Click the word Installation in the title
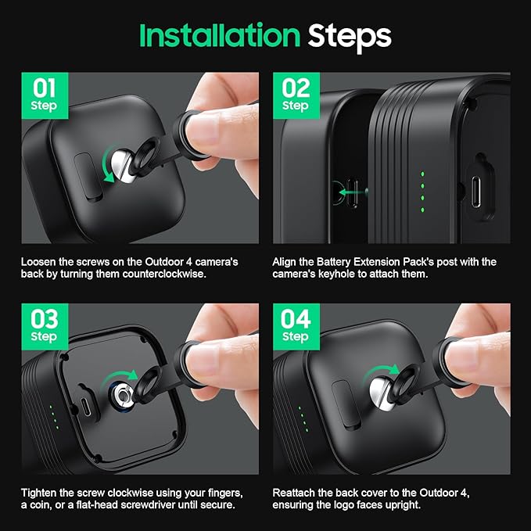click(220, 35)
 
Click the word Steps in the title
click(350, 37)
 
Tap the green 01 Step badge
click(45, 95)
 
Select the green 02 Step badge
click(296, 95)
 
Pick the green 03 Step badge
click(45, 327)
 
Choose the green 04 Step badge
click(296, 327)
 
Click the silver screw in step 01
click(123, 166)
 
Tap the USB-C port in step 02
click(475, 192)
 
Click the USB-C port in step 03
click(87, 404)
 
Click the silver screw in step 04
click(382, 394)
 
